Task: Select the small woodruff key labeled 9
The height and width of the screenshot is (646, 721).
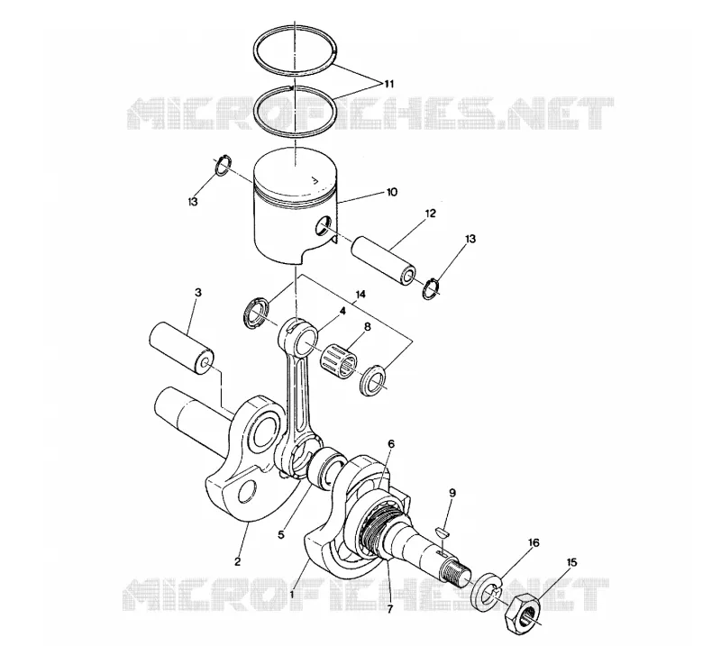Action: coord(443,532)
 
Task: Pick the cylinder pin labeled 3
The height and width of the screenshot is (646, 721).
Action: coord(182,348)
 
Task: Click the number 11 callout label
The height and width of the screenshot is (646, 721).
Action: coord(389,84)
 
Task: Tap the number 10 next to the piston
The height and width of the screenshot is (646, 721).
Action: coord(391,192)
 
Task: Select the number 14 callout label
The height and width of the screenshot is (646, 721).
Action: coord(360,295)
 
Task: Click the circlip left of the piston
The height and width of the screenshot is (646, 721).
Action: coord(224,166)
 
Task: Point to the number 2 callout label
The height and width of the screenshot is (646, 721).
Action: coord(237,561)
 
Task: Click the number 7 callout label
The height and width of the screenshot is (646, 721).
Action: coord(390,610)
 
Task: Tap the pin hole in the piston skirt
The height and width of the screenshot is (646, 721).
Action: coord(323,225)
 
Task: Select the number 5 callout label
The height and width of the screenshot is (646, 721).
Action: coord(281,535)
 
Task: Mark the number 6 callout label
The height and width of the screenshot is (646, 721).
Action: coord(391,443)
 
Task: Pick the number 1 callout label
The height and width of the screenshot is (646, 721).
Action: coord(292,595)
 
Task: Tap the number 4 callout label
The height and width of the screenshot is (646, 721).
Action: coord(342,311)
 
